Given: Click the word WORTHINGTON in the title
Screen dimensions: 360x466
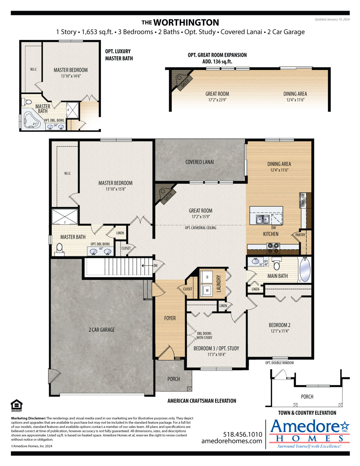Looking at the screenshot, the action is (x=186, y=23).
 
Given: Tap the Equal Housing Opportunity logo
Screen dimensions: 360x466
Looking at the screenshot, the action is (x=17, y=405).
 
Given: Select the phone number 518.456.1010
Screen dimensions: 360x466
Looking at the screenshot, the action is (x=243, y=434).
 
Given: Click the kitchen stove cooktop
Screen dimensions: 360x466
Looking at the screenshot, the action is (x=273, y=248).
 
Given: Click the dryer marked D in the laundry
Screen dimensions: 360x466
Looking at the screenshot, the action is (x=207, y=277).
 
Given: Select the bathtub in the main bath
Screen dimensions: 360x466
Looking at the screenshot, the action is (x=305, y=270).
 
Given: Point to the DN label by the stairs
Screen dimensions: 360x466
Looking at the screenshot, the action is (x=155, y=265).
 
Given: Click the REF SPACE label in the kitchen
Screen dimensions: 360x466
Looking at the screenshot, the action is (x=303, y=201).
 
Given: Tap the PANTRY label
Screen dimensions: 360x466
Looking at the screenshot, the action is (x=300, y=235).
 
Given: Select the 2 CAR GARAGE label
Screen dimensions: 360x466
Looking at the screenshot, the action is (x=102, y=330).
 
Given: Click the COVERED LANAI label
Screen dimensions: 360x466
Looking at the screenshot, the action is (x=199, y=162).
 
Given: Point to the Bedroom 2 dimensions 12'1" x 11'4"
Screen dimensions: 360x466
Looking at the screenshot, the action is (x=280, y=331).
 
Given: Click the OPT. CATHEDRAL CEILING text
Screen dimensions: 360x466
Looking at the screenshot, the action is (x=200, y=228).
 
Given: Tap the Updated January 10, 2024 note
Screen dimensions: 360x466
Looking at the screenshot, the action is (x=332, y=20).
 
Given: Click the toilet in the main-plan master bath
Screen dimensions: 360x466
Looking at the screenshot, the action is (x=59, y=250).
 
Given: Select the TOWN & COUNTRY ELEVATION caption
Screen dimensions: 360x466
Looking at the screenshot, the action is (x=307, y=413).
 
